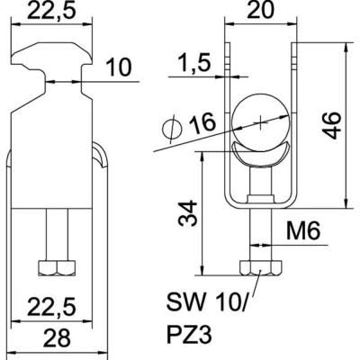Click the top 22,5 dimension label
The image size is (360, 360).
pos(50,10)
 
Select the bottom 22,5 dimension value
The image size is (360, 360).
pos(51,307)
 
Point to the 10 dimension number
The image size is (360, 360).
pos(119,67)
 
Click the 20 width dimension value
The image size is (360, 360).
pos(260,10)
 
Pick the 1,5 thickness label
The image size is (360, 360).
pos(195,63)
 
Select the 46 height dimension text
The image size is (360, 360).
pos(332,125)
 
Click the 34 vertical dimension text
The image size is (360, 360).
pos(187,213)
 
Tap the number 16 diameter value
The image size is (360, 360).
pos(202,123)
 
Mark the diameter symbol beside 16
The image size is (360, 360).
pos(172,130)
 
